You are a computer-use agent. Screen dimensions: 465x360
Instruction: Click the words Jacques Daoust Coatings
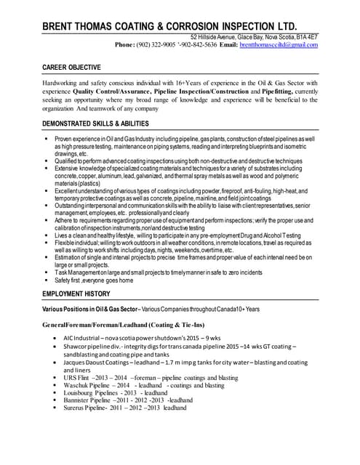(95, 362)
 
